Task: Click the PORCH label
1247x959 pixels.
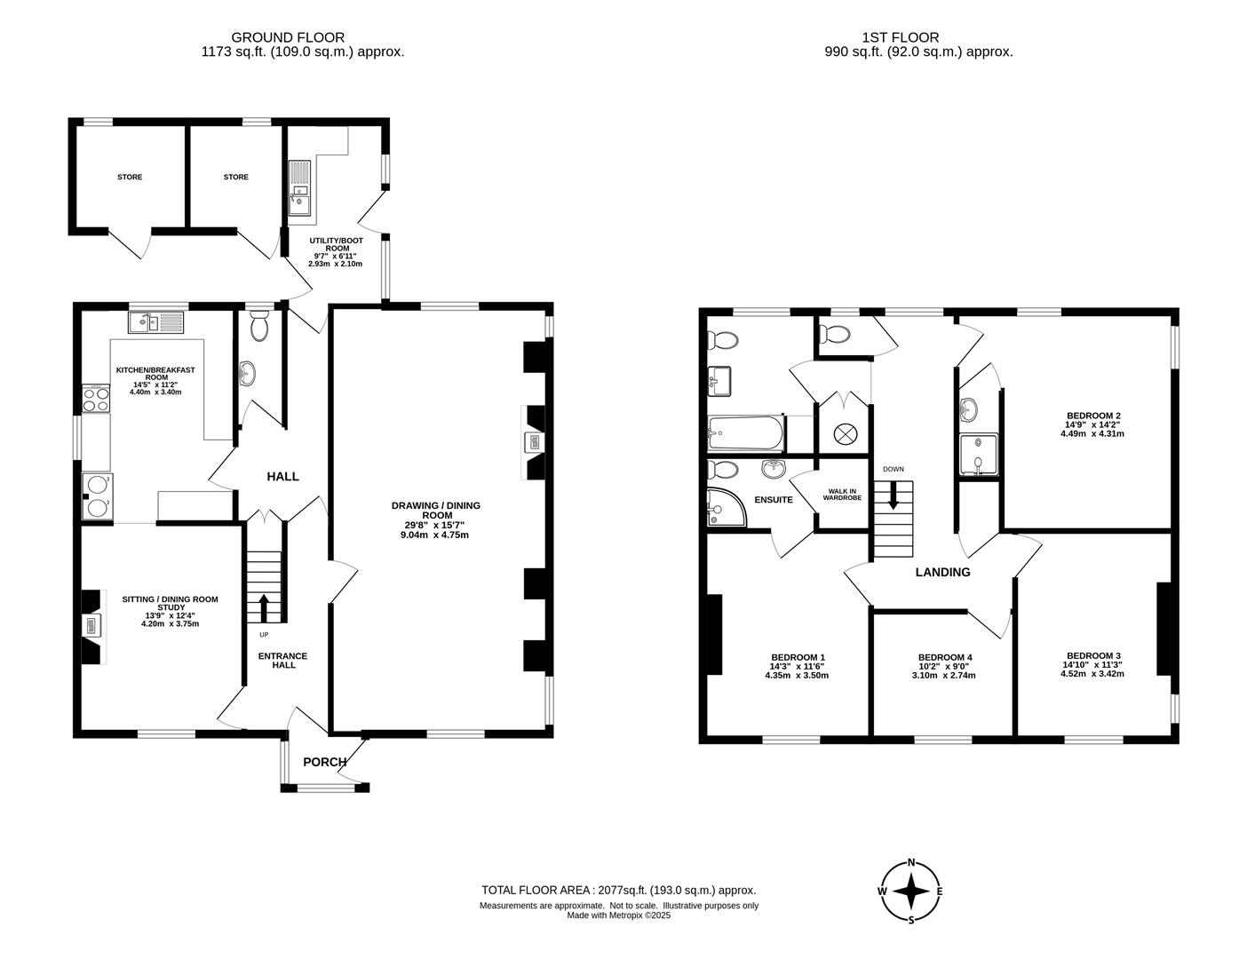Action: pos(324,762)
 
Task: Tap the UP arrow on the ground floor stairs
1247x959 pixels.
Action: pos(264,608)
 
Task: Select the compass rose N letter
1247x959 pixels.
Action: pos(910,862)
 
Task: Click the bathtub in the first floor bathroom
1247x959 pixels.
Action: pos(745,433)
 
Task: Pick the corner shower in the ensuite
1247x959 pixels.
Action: pos(727,507)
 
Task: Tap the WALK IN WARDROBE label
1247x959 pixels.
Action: pos(842,495)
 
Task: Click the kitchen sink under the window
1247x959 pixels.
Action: pos(156,322)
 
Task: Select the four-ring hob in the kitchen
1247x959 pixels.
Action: pos(96,398)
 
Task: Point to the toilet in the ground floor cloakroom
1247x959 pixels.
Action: pos(260,325)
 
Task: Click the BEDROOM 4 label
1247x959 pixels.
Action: pos(944,657)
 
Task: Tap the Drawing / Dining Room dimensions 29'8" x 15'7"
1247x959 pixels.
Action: pos(437,525)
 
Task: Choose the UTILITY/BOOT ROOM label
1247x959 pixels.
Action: pos(337,244)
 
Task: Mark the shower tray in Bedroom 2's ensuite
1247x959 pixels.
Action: pos(979,455)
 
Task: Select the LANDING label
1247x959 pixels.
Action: pos(943,572)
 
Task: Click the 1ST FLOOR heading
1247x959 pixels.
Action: pos(901,37)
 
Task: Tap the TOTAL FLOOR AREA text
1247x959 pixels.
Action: pos(619,890)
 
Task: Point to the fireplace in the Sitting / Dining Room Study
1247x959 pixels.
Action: pos(94,627)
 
